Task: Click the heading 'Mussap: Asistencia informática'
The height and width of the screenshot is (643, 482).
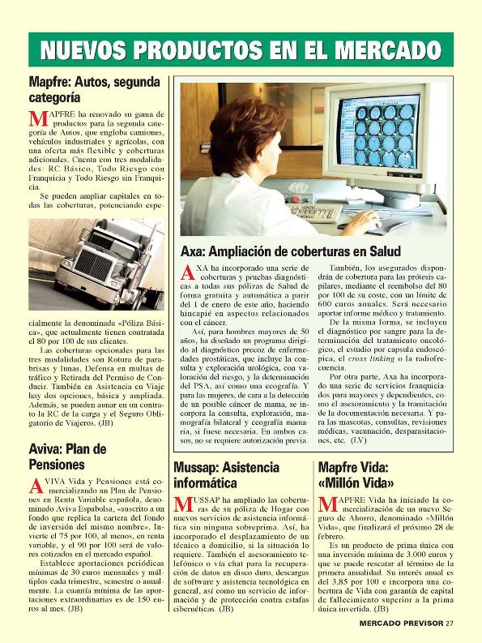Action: pos(226,476)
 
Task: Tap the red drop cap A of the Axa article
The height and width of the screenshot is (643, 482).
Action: pos(186,273)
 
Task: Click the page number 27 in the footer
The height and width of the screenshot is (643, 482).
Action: pos(450,623)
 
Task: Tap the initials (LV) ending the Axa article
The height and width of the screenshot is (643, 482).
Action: pos(358,440)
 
